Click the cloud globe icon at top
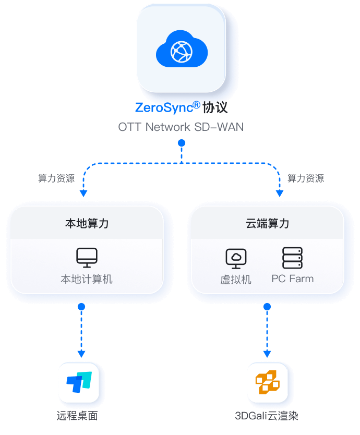click(182, 51)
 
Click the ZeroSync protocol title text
click(181, 108)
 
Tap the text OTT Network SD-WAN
click(181, 127)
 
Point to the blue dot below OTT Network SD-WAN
click(181, 143)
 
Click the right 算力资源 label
click(306, 178)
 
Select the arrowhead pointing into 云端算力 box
click(279, 194)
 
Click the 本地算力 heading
click(87, 224)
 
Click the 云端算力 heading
click(267, 224)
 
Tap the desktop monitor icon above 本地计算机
click(87, 257)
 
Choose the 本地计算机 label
click(87, 279)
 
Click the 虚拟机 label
click(236, 280)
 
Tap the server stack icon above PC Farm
click(292, 258)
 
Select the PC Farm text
click(293, 279)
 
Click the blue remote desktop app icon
click(79, 382)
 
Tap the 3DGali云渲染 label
click(267, 416)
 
